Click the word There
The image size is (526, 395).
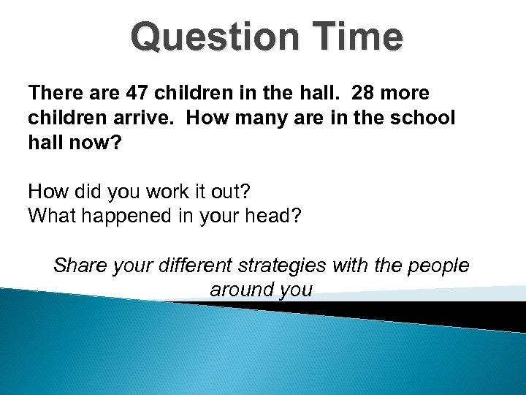[54, 94]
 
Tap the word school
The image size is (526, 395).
[422, 118]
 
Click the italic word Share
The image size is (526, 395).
[80, 266]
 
